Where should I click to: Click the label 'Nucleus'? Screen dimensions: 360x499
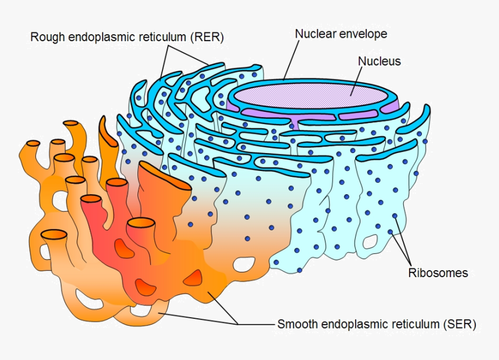pos(379,61)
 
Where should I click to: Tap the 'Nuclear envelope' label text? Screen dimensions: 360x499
pos(341,34)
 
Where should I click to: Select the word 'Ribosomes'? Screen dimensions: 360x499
pos(437,272)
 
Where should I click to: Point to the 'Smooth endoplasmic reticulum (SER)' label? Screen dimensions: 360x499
pos(377,325)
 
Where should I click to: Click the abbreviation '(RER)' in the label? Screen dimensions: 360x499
pos(208,37)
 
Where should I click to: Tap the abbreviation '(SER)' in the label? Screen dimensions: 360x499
pos(461,325)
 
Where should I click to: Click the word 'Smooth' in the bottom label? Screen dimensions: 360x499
pos(296,325)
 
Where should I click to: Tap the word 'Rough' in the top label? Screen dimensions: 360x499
pos(45,37)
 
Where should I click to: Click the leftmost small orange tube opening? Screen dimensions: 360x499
pos(33,143)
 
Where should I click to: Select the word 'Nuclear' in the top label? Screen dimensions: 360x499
pos(315,34)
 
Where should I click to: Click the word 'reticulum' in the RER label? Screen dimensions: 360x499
pos(161,37)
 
